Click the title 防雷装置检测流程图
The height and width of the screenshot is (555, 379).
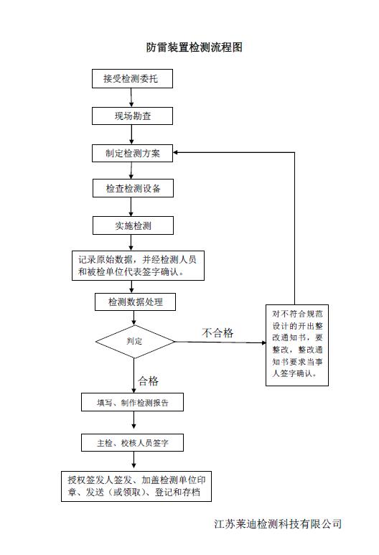195,47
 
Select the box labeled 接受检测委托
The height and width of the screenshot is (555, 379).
132,78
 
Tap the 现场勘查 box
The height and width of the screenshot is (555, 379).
132,116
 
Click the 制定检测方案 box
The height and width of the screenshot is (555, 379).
132,153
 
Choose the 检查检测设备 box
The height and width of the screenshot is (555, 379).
133,188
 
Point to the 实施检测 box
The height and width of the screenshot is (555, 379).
133,225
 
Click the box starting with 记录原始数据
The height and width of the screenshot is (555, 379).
138,266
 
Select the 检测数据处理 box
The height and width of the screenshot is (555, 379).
135,302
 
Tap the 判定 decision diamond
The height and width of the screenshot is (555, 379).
135,342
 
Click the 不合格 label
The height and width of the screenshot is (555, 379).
217,332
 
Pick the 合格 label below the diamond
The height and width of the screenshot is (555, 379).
149,381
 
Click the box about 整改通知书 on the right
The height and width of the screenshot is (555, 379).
297,345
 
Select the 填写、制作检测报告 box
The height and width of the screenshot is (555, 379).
132,402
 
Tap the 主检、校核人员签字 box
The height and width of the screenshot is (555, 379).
132,442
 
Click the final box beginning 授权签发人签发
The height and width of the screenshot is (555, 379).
136,486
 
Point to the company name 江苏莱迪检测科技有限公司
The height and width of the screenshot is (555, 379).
278,523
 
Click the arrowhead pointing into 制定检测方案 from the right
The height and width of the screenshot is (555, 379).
176,152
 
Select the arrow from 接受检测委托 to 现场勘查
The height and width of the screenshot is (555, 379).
131,98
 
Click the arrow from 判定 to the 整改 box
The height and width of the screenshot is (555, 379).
220,342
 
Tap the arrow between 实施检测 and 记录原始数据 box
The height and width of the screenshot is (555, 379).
131,243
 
